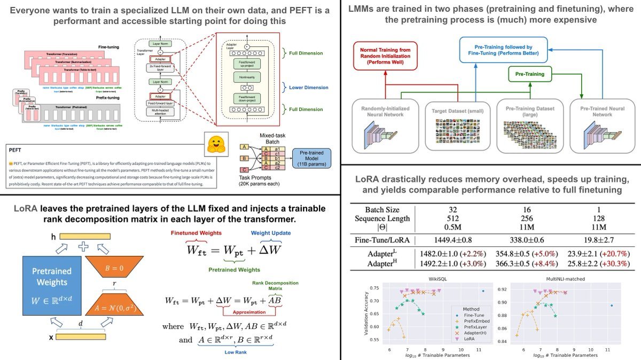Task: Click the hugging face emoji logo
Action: click(x=217, y=144)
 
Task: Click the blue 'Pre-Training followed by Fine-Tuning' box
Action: click(x=499, y=51)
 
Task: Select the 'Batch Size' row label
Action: click(x=382, y=209)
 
